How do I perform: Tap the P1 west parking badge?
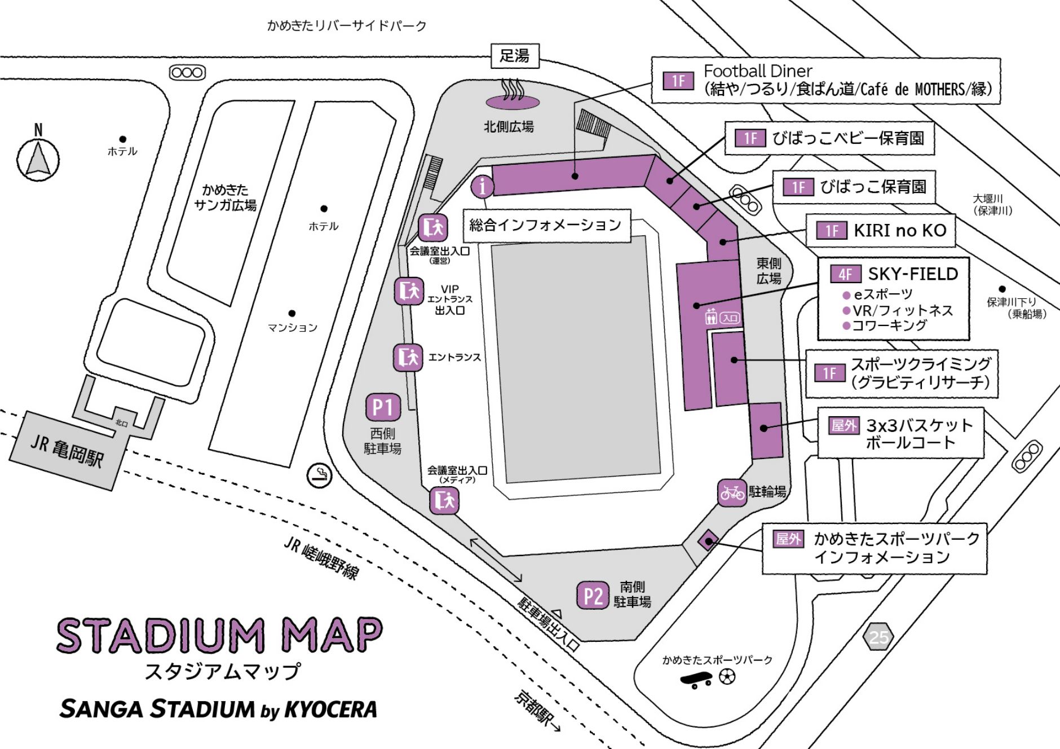[x=383, y=407]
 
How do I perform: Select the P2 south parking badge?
[x=593, y=596]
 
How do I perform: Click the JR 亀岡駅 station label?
[x=67, y=451]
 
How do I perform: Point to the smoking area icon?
[x=319, y=475]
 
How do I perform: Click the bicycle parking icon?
[x=732, y=493]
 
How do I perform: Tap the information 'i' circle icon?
[x=482, y=186]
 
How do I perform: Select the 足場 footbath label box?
[x=514, y=56]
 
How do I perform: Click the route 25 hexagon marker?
[x=878, y=637]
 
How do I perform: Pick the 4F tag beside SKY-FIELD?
[x=845, y=274]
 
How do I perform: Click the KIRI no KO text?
[x=900, y=230]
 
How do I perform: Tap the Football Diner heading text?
[x=757, y=71]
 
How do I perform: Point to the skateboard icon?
[x=696, y=680]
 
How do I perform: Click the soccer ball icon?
[x=727, y=677]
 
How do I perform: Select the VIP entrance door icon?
[x=409, y=291]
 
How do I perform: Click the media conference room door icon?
[x=444, y=500]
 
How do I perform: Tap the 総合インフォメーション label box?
[x=546, y=226]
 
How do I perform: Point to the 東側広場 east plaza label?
[x=768, y=271]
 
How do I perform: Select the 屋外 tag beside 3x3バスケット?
[x=844, y=425]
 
